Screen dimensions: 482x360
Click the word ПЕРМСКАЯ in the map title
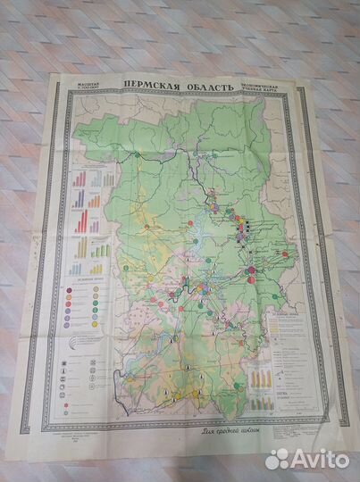(152, 87)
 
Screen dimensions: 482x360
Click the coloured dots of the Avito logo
(278, 458)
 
